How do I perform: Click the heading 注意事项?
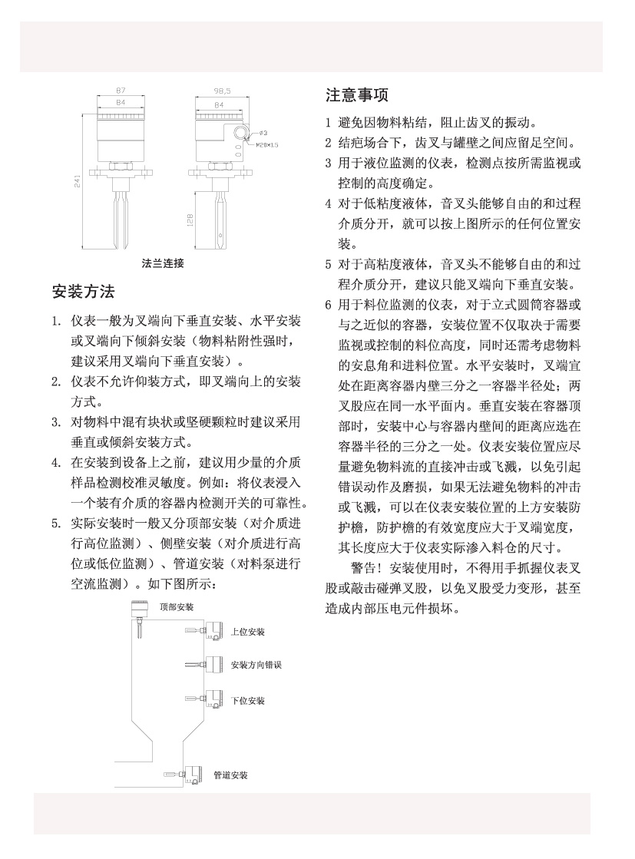[357, 95]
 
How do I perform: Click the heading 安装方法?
[83, 292]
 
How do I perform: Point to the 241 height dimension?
[77, 180]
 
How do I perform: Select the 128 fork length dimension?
[190, 220]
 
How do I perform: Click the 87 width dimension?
[121, 91]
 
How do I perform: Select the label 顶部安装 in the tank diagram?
[177, 606]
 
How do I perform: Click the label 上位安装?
[247, 631]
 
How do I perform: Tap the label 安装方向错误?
[256, 665]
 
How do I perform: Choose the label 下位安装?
[247, 701]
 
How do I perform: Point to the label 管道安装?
[230, 775]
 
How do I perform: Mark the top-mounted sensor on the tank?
[138, 614]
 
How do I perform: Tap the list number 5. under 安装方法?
[56, 524]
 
